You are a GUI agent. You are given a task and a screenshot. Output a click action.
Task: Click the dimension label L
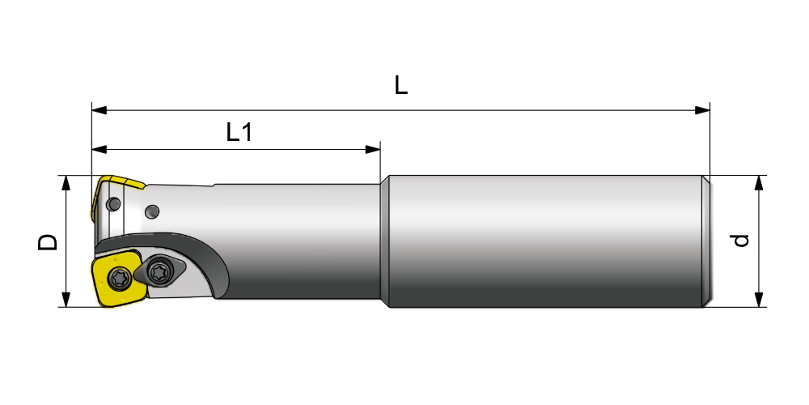[401, 85]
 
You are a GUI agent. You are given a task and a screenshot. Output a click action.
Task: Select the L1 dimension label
[239, 132]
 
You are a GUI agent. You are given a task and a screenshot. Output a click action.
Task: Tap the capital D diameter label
[48, 241]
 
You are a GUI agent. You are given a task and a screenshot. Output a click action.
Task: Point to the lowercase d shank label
[741, 241]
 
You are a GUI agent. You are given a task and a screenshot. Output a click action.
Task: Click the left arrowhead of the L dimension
[99, 110]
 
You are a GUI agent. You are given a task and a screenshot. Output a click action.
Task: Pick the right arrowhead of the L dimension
[702, 110]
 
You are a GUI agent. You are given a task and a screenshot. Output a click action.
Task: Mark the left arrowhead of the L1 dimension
[99, 149]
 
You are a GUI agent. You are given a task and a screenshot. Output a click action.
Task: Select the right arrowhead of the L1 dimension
[372, 149]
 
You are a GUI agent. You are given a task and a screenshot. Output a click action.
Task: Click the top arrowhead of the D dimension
[66, 183]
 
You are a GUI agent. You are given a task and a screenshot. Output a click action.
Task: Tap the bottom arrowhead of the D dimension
[66, 300]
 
